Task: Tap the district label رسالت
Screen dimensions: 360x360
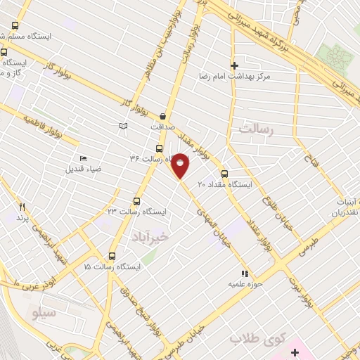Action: click(x=254, y=130)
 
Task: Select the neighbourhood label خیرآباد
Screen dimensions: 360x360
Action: click(x=150, y=238)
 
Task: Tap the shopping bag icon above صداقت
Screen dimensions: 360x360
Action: click(x=163, y=116)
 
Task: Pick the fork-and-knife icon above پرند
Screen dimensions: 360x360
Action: click(x=22, y=207)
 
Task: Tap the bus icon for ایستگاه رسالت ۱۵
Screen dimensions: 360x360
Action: click(x=112, y=256)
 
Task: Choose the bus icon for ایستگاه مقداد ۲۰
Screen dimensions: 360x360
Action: click(x=225, y=174)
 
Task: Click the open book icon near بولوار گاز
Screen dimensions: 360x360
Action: click(x=124, y=125)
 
